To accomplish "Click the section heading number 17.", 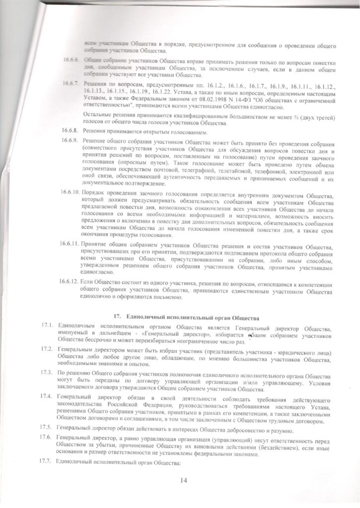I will click(117, 316).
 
